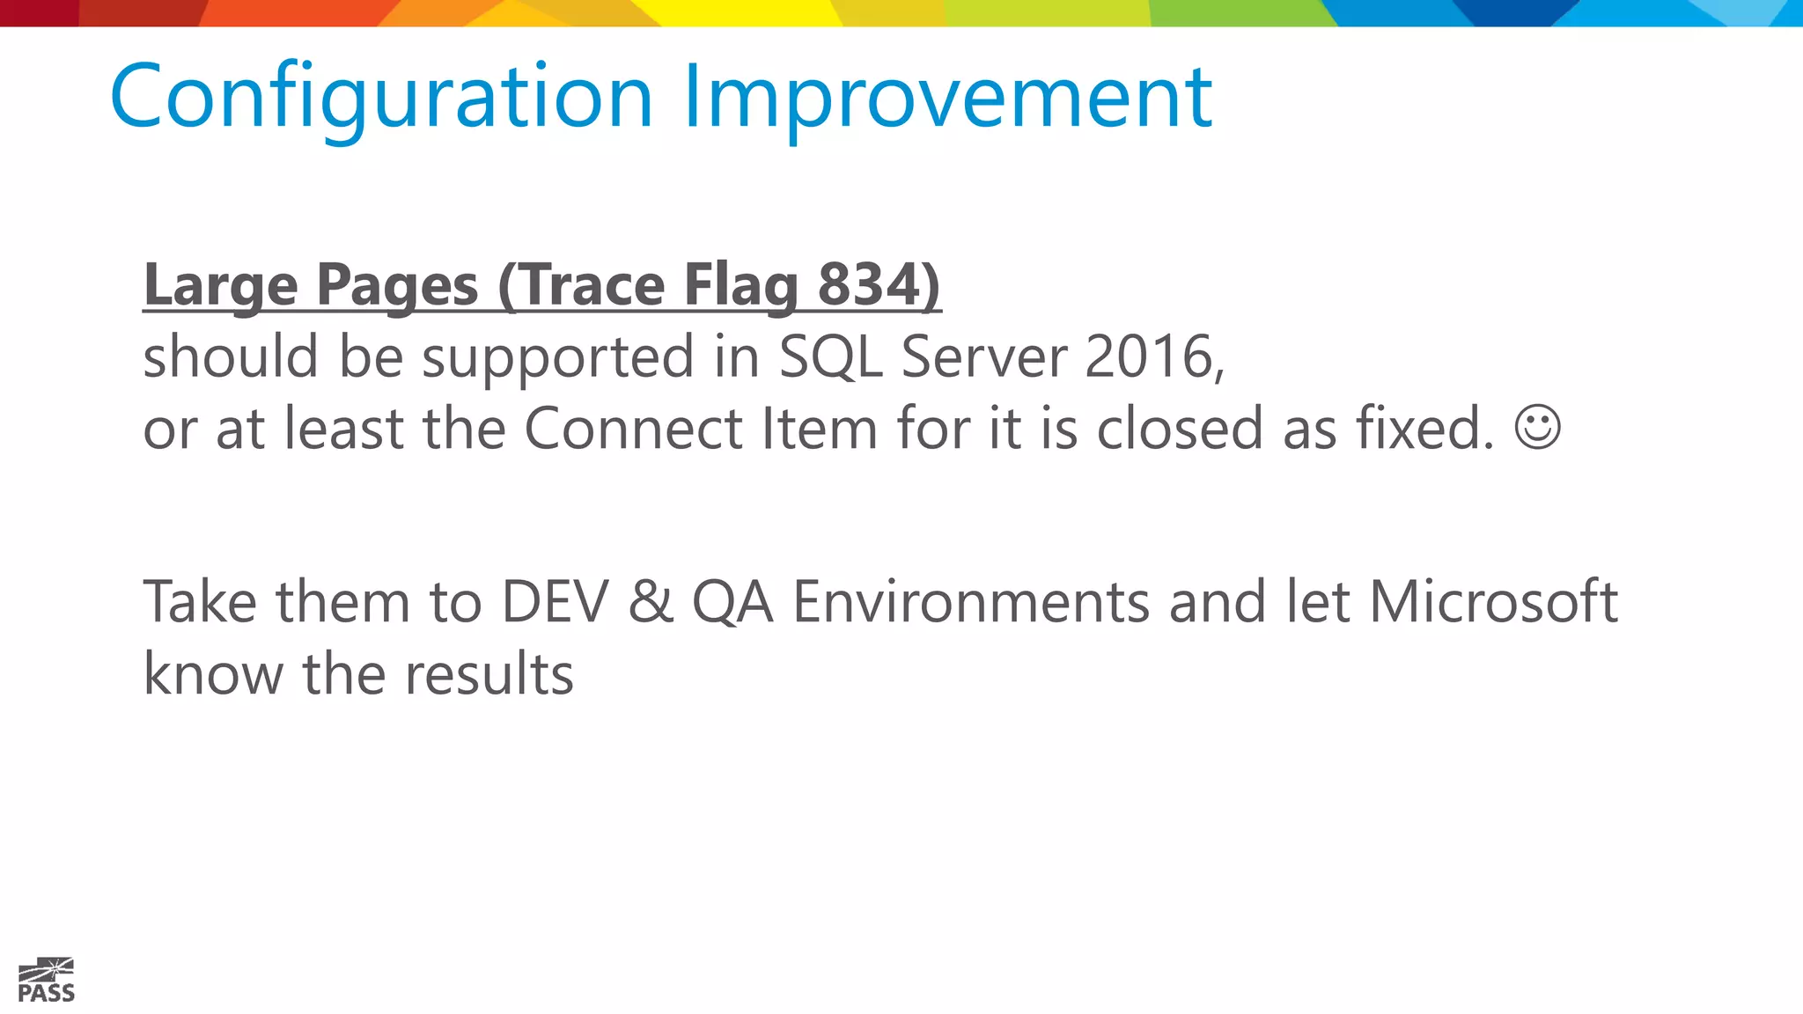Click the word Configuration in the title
click(x=380, y=97)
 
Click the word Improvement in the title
click(x=947, y=97)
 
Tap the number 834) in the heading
click(x=879, y=285)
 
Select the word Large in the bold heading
click(x=221, y=285)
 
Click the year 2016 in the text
click(x=1153, y=356)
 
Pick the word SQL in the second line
click(x=830, y=356)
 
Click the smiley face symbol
click(x=1537, y=427)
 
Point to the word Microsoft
click(x=1493, y=602)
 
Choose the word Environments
click(x=971, y=602)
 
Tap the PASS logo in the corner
click(x=47, y=980)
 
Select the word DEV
click(x=555, y=602)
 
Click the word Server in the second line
click(x=983, y=356)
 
